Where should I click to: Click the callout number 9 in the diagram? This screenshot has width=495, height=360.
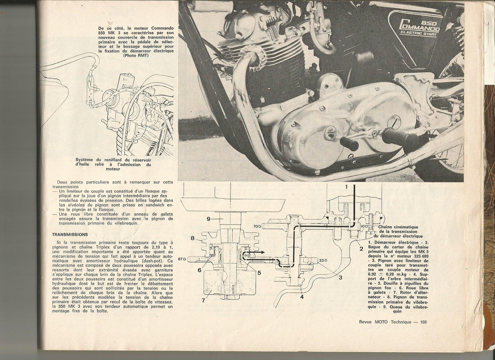pyautogui.click(x=208, y=220)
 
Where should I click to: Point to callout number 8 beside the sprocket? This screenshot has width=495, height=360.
pyautogui.click(x=192, y=238)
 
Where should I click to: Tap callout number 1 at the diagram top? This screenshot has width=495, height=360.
pyautogui.click(x=347, y=186)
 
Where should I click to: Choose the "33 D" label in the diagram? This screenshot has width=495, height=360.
pyautogui.click(x=322, y=260)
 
